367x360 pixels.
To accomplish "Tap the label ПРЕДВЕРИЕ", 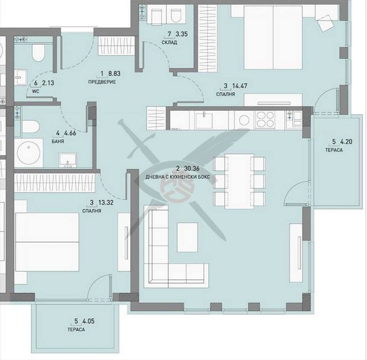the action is point(102,82).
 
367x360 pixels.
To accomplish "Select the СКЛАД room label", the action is point(169,42).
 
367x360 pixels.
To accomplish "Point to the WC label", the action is point(36,91).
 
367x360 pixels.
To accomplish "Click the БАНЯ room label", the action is point(58,142).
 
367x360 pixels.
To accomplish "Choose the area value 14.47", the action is point(240,86).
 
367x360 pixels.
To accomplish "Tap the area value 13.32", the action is point(106,202).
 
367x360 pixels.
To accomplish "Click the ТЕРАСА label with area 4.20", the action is point(334,150).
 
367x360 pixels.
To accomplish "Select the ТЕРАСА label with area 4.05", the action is point(76,330).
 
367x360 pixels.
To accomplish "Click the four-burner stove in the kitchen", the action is point(265,119).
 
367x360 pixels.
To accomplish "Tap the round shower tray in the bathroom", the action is point(28,152).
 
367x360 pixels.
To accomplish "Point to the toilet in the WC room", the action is point(38,53).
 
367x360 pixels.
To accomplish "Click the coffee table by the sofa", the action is point(187,237).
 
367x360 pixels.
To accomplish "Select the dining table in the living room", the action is point(239,181).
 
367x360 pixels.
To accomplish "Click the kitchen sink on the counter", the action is point(204,119).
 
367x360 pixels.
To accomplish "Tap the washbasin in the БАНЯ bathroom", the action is point(68,160).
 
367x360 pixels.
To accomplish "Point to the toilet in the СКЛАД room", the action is point(176,16).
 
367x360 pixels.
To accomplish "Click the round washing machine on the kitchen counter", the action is point(243,121).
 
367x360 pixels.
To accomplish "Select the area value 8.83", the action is point(114,74).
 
